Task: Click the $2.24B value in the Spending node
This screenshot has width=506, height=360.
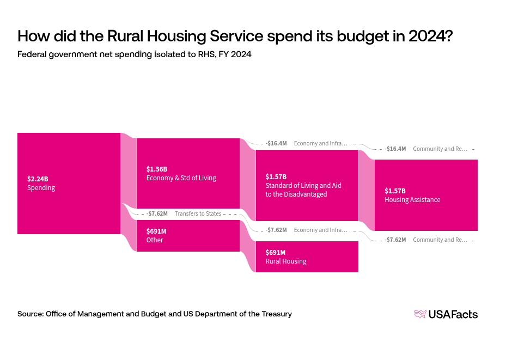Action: tap(38, 179)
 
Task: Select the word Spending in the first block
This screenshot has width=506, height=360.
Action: tap(41, 188)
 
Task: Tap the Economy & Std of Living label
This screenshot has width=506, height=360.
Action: tap(181, 178)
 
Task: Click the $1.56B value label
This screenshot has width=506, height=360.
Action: tap(157, 169)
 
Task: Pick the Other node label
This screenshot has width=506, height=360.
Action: tap(155, 240)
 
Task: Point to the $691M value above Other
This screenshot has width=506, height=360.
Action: tap(156, 231)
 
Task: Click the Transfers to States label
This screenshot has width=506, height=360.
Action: tap(198, 213)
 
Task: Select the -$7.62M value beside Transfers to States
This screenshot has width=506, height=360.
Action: tap(157, 213)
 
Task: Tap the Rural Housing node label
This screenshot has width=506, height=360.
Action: tap(285, 261)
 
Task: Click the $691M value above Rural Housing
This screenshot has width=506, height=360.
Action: tap(275, 252)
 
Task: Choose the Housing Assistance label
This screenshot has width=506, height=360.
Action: tap(412, 200)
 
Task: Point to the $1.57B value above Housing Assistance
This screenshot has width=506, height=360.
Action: tap(395, 191)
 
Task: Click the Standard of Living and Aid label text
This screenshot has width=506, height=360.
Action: tap(303, 186)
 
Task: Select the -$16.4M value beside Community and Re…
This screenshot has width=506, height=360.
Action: tap(395, 149)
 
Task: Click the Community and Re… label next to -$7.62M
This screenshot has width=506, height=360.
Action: tap(440, 240)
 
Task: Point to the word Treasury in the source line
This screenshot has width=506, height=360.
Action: tap(276, 314)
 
